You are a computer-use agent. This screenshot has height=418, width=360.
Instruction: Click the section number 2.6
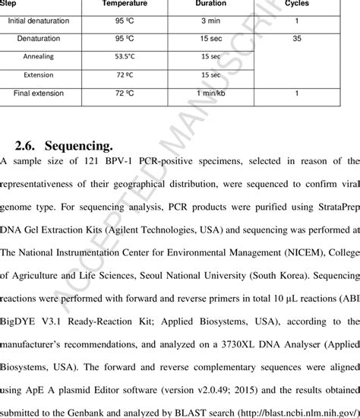click(27, 144)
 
